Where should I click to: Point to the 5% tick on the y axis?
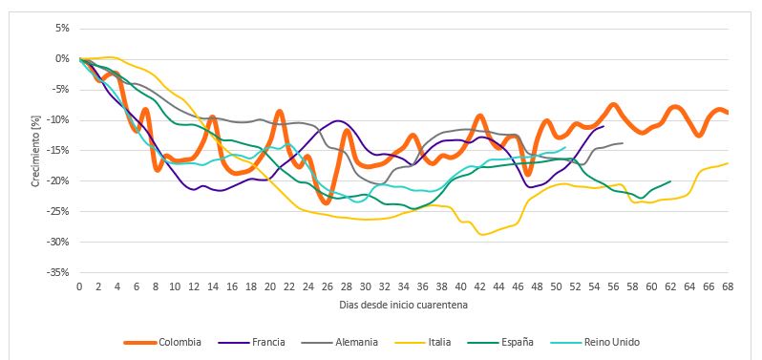[62, 28]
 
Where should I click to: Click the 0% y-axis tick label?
[62, 58]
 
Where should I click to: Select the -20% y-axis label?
[59, 180]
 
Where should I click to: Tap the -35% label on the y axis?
[59, 272]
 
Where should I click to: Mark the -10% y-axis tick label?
[59, 119]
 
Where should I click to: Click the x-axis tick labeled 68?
[728, 286]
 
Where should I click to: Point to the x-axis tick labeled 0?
[79, 286]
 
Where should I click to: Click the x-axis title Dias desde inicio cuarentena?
[403, 305]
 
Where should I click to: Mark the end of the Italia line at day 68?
[728, 163]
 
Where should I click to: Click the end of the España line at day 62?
[670, 181]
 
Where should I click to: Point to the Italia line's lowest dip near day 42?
[483, 234]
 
